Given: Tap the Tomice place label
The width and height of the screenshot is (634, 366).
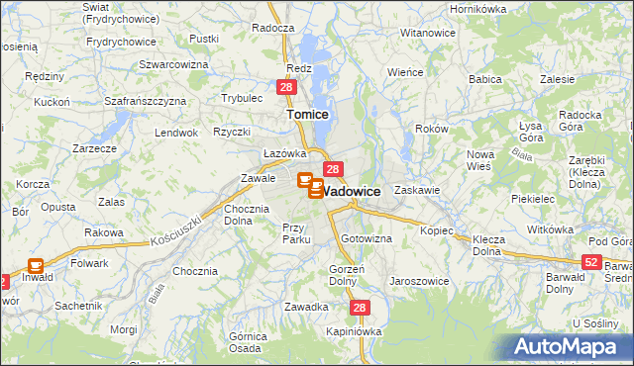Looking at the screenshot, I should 307,115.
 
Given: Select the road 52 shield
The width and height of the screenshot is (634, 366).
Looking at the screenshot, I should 591,262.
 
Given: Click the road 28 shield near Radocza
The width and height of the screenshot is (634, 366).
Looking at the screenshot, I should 285,88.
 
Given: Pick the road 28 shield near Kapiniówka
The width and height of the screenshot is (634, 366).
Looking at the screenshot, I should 360,309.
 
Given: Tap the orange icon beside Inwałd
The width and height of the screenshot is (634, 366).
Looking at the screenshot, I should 36,266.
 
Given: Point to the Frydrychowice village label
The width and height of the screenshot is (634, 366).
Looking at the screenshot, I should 121,42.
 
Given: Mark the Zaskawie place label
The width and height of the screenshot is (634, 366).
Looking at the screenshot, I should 416,189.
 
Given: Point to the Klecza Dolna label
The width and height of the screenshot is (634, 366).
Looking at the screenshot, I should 487,245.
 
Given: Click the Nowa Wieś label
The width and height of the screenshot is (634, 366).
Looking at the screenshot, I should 480,160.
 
